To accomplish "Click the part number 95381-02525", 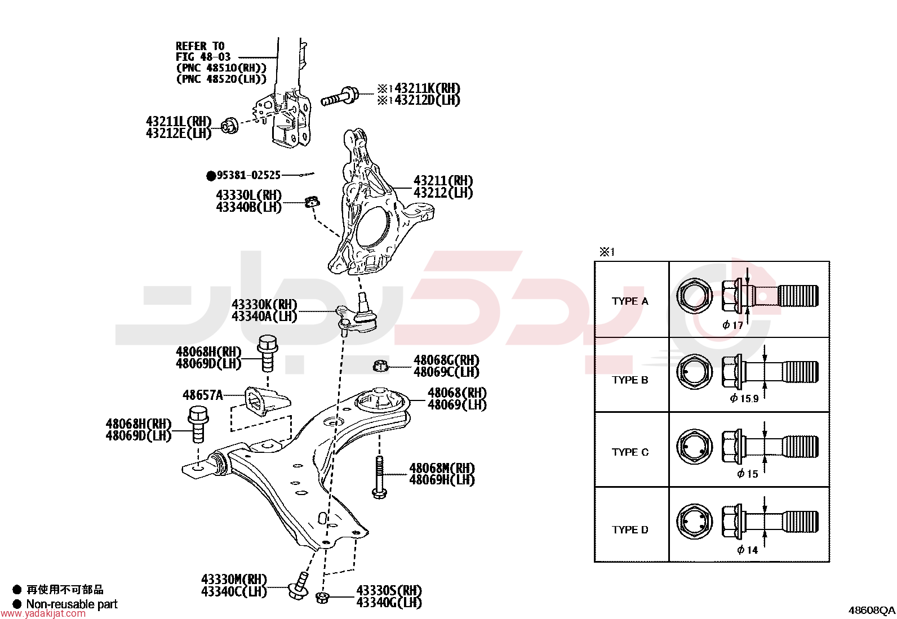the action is [x=248, y=175].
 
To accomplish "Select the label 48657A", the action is [x=203, y=395].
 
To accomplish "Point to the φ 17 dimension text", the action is [x=732, y=325].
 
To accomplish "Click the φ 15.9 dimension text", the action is [x=744, y=398].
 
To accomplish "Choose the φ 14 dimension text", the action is [x=747, y=550].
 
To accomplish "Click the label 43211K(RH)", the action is [x=427, y=88].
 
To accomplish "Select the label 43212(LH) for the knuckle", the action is [x=443, y=193].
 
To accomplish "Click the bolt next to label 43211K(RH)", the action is [x=340, y=96].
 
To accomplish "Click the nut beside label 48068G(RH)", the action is [x=380, y=366].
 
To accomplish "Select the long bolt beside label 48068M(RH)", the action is [x=379, y=477].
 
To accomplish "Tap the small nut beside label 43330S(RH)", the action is [x=322, y=598].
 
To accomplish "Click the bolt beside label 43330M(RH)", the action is [x=298, y=586].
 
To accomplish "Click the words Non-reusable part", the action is [x=72, y=604].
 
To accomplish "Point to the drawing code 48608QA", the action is [x=872, y=611].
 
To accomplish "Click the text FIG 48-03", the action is [x=203, y=57].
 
